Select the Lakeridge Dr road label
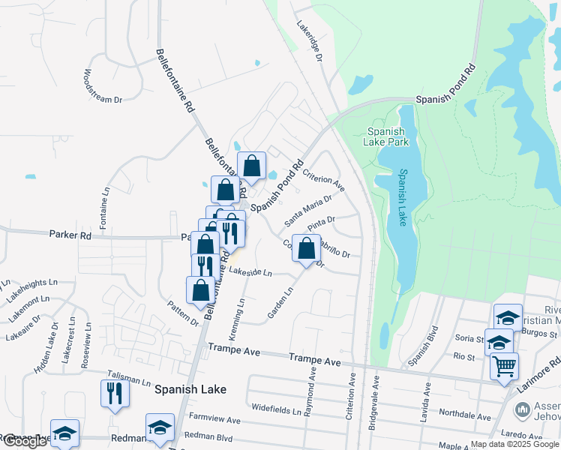[309, 42]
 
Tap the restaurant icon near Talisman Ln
[115, 393]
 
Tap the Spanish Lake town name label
[190, 389]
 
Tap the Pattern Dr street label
[184, 312]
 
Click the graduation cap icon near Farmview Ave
[160, 427]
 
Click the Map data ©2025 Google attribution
[514, 444]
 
